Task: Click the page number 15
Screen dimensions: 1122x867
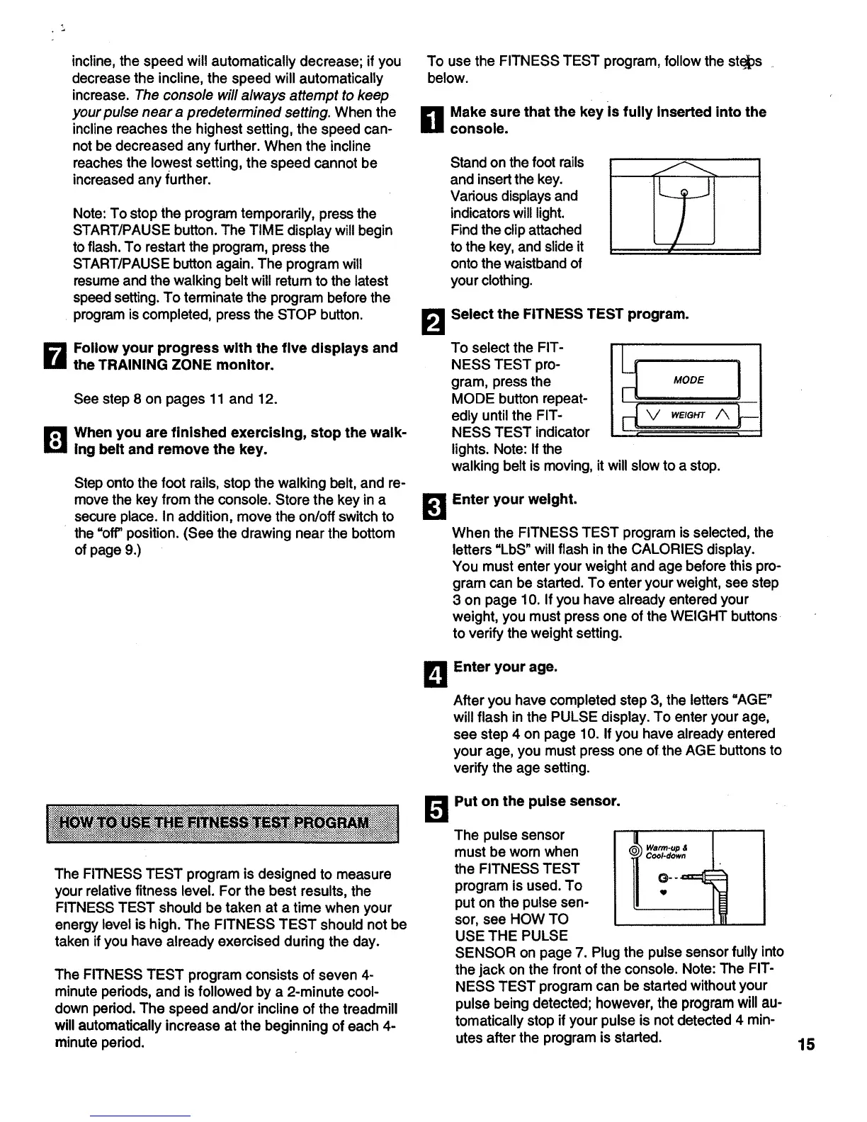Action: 805,1044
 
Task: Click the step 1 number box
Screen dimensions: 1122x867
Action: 433,120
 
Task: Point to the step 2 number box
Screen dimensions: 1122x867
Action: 433,322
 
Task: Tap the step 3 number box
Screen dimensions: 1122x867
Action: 433,507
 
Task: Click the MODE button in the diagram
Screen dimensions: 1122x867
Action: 688,380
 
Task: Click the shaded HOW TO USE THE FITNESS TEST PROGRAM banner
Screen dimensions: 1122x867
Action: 223,823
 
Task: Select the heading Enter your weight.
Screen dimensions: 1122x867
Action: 515,499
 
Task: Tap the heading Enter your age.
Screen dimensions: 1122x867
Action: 505,667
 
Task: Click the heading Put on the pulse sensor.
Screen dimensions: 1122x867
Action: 537,801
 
